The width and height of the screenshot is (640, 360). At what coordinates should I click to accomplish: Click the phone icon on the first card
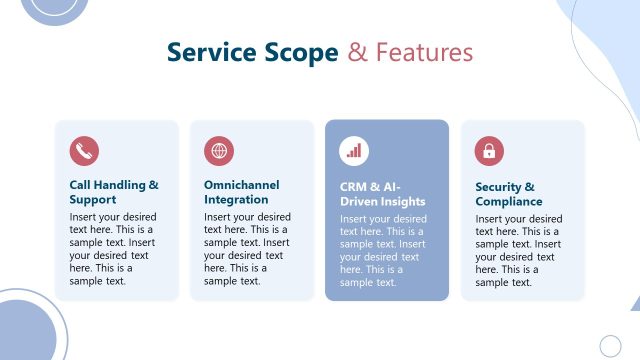click(84, 152)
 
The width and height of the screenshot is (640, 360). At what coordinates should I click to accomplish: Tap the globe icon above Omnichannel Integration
click(219, 152)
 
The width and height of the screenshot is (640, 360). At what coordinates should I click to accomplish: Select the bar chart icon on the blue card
click(354, 152)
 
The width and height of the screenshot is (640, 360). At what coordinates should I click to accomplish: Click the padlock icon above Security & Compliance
click(489, 152)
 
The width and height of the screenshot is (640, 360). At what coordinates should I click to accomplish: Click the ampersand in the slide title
click(358, 52)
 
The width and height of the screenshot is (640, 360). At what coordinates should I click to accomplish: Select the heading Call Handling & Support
click(114, 192)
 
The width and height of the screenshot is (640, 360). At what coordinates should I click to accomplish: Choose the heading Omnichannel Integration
click(242, 192)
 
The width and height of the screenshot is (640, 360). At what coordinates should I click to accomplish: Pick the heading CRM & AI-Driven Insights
click(383, 194)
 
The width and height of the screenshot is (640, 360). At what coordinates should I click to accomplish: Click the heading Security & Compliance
click(509, 194)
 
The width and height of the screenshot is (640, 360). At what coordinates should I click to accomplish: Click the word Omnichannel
click(242, 185)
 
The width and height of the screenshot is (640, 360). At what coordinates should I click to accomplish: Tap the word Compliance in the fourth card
click(509, 201)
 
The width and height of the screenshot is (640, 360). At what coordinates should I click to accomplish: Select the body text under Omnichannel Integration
click(248, 248)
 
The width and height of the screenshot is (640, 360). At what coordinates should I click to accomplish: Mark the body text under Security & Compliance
click(519, 249)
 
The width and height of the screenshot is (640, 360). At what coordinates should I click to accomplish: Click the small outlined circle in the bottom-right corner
click(610, 346)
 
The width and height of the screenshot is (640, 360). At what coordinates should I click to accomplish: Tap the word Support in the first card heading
click(93, 199)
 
